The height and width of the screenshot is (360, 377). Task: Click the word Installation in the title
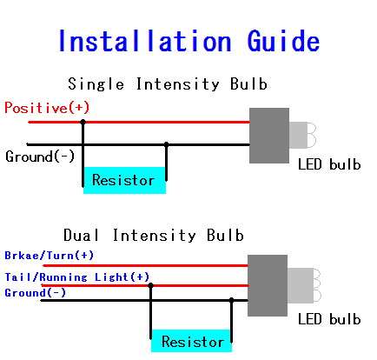pos(145,41)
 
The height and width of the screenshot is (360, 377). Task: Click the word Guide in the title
pos(283,41)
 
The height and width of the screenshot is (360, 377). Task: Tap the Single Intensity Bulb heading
pos(168,84)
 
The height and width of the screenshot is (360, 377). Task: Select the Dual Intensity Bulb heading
pos(154,235)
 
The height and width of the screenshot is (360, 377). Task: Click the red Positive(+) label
pos(47,108)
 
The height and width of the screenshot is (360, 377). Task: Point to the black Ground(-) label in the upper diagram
pos(40,157)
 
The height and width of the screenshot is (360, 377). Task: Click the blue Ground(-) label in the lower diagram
pos(36,293)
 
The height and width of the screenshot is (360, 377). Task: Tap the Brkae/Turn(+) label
pos(50,256)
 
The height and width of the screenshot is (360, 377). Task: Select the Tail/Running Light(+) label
pos(77,277)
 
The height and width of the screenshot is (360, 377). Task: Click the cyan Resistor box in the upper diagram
pos(124,180)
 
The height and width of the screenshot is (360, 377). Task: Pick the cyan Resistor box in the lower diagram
pos(191,341)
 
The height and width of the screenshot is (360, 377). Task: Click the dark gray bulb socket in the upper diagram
pos(269,136)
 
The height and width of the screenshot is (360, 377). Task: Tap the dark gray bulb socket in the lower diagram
pos(268,285)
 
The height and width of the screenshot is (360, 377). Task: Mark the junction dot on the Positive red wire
pos(83,122)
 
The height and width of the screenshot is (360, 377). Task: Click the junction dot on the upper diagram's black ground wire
pos(166,144)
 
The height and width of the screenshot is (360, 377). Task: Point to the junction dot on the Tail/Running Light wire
pos(150,285)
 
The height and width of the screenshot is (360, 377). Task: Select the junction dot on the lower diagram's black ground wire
pos(231,300)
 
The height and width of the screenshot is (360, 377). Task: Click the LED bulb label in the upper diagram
pos(329,164)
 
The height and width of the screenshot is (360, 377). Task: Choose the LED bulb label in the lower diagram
pos(329,319)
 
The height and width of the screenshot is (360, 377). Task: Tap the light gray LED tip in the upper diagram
pos(302,135)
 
